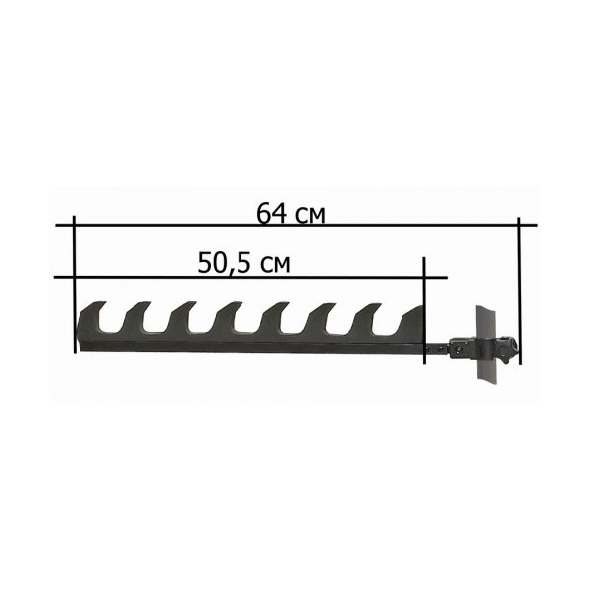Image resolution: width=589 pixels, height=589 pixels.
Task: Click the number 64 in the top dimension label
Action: click(271, 213)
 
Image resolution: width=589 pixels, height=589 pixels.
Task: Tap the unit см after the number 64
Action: click(310, 216)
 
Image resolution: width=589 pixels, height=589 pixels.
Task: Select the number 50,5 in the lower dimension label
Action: click(224, 263)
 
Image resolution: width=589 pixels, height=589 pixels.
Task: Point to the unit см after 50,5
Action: click(275, 266)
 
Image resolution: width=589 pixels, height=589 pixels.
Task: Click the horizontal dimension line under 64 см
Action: click(296, 225)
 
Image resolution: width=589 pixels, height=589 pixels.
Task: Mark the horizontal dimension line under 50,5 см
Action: click(251, 278)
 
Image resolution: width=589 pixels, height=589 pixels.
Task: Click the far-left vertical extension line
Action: click(75, 285)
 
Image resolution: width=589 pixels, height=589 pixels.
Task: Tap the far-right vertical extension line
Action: click(519, 291)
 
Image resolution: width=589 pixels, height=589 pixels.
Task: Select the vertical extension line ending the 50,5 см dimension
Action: click(424, 310)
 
